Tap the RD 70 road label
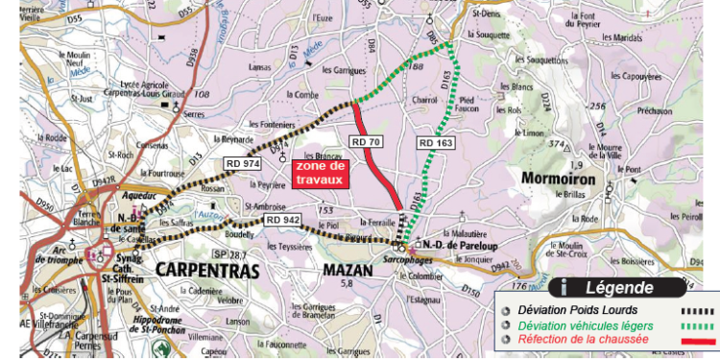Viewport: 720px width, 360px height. tap(366, 142)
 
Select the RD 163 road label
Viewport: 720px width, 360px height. tap(434, 142)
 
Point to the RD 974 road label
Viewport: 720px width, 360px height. tap(243, 164)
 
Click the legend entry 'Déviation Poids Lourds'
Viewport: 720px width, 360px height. tap(572, 310)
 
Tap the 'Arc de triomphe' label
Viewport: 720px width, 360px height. tap(49, 257)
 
